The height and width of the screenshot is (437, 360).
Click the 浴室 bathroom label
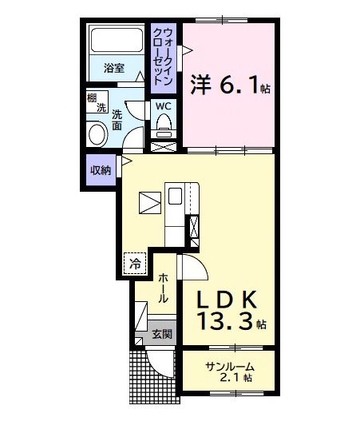[x=114, y=68]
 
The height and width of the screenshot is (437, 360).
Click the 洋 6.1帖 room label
[x=228, y=84]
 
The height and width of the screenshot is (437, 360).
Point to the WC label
[x=164, y=105]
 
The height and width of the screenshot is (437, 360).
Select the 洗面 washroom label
[x=117, y=119]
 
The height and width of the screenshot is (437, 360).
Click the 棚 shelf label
[x=93, y=99]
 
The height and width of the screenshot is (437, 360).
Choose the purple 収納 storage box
[x=100, y=169]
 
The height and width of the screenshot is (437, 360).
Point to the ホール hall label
[x=163, y=288]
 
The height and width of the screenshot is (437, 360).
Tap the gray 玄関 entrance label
[x=162, y=334]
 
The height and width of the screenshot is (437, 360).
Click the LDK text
[x=227, y=300]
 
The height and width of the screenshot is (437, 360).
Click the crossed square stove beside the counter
[x=149, y=204]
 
